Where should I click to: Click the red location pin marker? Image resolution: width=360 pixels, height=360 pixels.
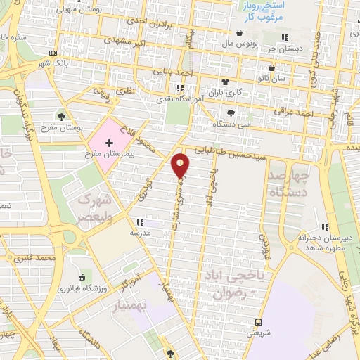tap(181, 165)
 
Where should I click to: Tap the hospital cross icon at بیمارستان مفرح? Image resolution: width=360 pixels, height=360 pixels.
tap(108, 143)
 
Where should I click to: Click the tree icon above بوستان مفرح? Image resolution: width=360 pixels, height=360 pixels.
tap(62, 117)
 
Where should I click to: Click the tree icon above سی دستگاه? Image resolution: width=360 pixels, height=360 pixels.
tap(231, 112)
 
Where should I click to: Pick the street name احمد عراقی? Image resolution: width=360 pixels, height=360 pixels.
tap(314, 113)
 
